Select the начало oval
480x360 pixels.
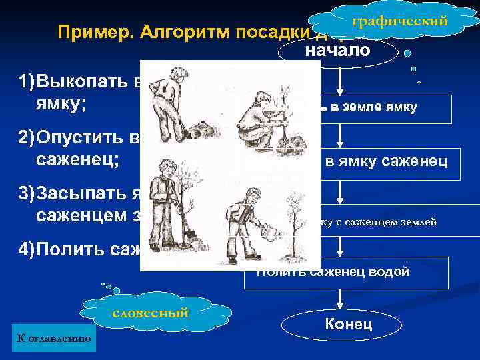tap(338, 51)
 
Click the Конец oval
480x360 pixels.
tap(347, 325)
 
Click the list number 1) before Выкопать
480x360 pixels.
tap(27, 83)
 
